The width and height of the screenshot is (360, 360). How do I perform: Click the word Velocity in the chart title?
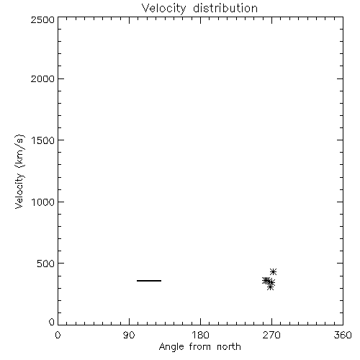tap(163, 9)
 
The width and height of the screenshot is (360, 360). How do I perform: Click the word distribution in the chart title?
tap(225, 8)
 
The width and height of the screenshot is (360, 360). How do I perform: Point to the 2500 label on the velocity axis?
tap(43, 19)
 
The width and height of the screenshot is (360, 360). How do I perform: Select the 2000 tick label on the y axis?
tap(43, 78)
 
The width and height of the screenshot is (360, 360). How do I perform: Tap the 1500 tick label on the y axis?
tap(43, 140)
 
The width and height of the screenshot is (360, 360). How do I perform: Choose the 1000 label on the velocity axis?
tap(43, 202)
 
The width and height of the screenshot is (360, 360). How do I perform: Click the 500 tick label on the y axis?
tap(46, 264)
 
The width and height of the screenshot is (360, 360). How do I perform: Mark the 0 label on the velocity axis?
tap(52, 322)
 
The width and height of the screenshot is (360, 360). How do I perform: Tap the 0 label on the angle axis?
tap(58, 335)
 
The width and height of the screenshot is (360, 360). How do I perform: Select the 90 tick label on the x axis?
tap(129, 335)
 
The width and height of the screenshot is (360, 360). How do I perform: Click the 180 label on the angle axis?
tap(200, 335)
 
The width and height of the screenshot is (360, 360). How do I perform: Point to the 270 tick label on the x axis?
tap(271, 335)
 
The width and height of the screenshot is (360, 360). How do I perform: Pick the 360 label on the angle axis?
tap(343, 335)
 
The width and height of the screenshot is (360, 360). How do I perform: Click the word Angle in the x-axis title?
tap(171, 347)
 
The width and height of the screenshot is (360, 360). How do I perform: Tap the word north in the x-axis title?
tap(229, 346)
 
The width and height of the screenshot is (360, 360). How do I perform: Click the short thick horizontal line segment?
tap(149, 281)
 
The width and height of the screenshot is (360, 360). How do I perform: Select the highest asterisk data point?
tap(273, 271)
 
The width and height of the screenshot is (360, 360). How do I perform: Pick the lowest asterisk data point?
tap(270, 287)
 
